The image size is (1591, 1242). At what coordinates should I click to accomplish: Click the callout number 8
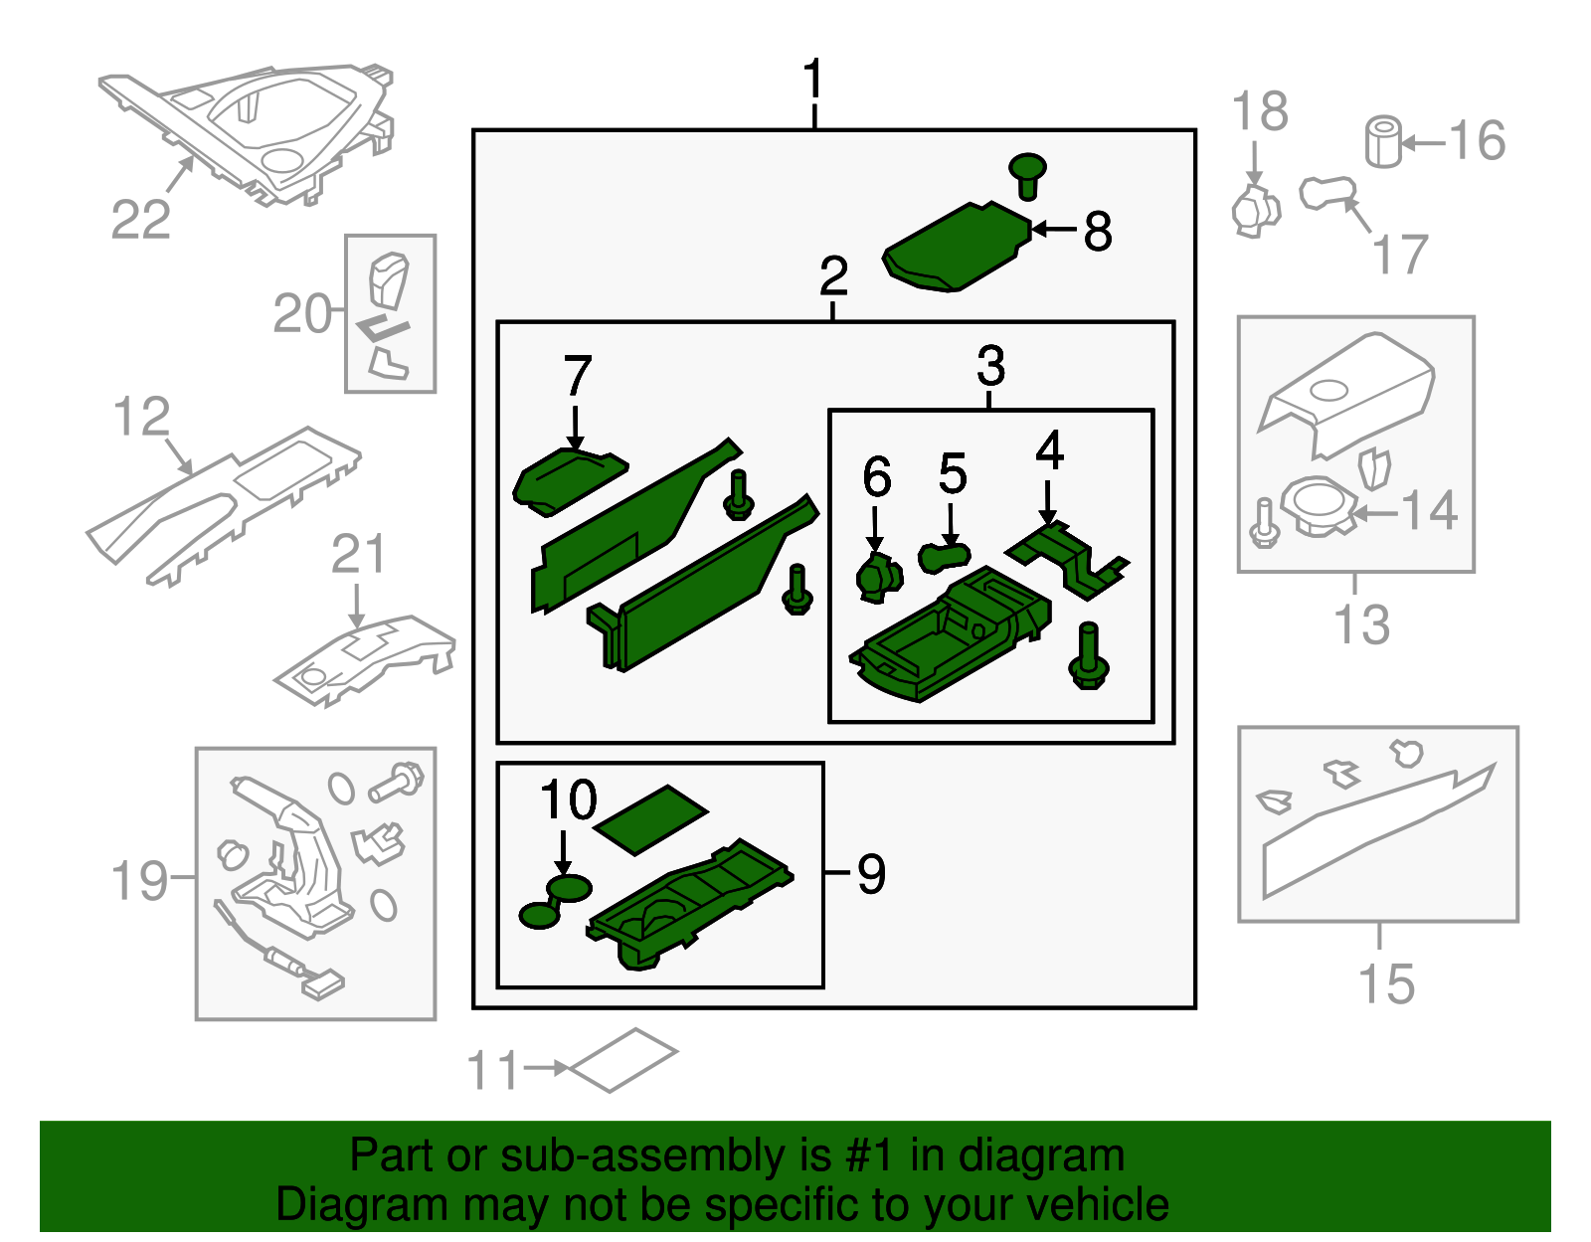pyautogui.click(x=1097, y=231)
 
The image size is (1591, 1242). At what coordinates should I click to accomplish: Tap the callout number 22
pyautogui.click(x=140, y=219)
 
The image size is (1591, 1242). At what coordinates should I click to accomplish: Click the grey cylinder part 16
pyautogui.click(x=1383, y=142)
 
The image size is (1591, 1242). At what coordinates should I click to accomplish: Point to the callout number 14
pyautogui.click(x=1430, y=510)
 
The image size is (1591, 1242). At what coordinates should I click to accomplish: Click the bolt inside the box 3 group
pyautogui.click(x=1088, y=658)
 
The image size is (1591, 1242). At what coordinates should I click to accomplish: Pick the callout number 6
pyautogui.click(x=876, y=477)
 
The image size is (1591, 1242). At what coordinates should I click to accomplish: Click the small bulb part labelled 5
pyautogui.click(x=944, y=556)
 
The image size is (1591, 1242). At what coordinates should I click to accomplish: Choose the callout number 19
pyautogui.click(x=139, y=880)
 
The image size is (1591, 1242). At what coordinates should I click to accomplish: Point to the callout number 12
pyautogui.click(x=141, y=417)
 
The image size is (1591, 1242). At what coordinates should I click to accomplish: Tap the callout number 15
pyautogui.click(x=1385, y=983)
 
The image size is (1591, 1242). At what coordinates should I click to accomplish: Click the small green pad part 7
pyautogui.click(x=567, y=479)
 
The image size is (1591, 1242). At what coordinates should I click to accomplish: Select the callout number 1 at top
pyautogui.click(x=813, y=80)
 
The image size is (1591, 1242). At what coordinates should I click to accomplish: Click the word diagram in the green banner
pyautogui.click(x=1040, y=1155)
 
